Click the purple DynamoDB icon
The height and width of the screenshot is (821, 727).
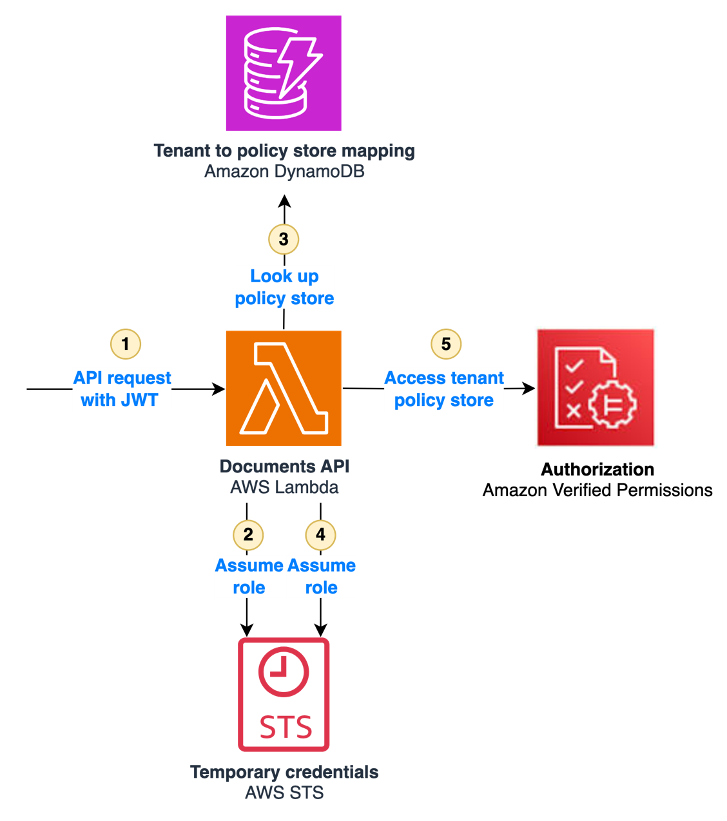(284, 73)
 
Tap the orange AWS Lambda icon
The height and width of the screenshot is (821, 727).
(284, 389)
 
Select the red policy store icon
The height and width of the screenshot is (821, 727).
(596, 387)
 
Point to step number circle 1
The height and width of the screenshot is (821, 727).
(126, 343)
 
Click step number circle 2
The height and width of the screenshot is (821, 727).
(248, 534)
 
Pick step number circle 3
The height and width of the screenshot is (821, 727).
(284, 239)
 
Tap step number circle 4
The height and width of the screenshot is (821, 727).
(320, 534)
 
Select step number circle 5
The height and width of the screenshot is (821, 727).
(446, 343)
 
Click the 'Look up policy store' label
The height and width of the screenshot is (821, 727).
(284, 287)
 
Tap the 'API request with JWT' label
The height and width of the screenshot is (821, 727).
(122, 389)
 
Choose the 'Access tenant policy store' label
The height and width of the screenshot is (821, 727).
(444, 389)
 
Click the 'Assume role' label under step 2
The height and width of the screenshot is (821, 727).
(249, 577)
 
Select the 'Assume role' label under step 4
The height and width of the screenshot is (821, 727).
(321, 577)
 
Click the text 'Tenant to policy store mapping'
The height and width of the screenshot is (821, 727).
(284, 151)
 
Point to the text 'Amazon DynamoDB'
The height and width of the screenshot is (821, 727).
(284, 171)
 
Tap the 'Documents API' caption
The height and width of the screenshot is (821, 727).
(284, 466)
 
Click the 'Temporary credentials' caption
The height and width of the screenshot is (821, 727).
(284, 772)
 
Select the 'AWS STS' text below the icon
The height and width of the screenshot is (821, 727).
(284, 793)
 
